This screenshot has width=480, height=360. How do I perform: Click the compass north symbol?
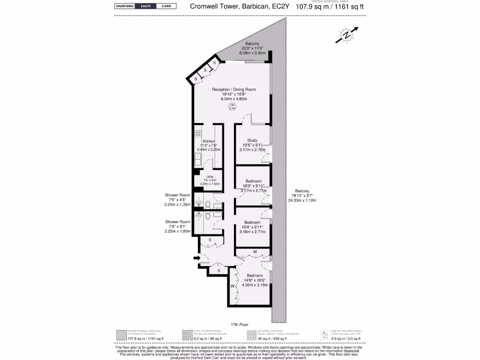pos(346,36)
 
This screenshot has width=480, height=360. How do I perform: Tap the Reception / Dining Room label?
pos(233,89)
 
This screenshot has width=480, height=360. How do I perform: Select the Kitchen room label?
pos(209,141)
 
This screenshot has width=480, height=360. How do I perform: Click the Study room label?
pos(252,140)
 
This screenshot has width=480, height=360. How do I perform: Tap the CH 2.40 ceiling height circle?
pos(232,107)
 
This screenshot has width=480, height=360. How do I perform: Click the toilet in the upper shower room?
pos(208,204)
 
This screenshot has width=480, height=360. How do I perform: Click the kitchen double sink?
pos(197,159)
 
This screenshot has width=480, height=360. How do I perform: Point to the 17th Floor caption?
pos(240,324)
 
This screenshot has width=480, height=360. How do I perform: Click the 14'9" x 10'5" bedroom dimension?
pos(255,280)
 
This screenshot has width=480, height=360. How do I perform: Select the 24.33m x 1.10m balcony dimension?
pos(302,201)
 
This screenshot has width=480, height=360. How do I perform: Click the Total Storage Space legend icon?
pos(187,335)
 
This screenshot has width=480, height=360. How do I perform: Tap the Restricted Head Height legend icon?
pos(324,335)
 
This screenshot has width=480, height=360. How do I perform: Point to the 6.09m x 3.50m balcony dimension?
pos(252,53)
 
